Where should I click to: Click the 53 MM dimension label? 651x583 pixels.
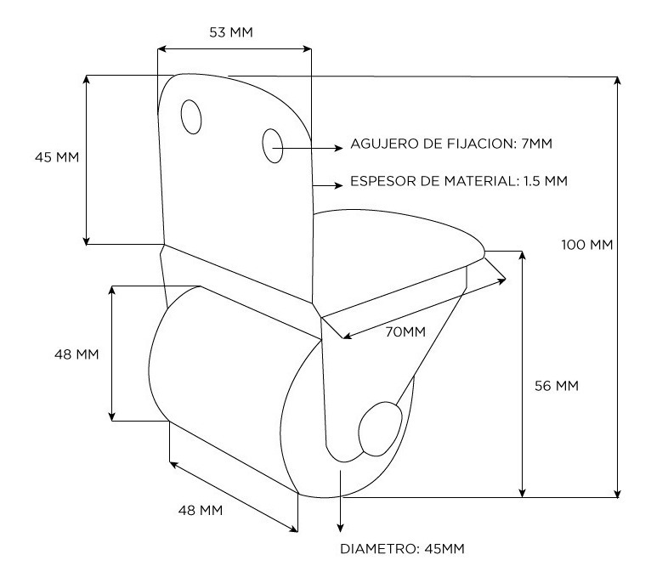pos(230,32)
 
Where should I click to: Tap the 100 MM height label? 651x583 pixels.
pos(587,245)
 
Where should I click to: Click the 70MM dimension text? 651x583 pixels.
pos(404,331)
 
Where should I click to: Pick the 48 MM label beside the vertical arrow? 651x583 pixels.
pos(76,354)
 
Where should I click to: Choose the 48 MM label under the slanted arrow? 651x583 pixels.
pos(201,510)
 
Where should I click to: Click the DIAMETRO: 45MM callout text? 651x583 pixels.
pos(402,548)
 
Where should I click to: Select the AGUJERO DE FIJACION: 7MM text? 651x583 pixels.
pos(451,144)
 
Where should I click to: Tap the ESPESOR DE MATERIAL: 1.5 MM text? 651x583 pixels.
pos(459,181)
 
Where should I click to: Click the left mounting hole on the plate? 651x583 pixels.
pos(191,116)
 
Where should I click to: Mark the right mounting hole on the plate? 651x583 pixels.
pos(273,145)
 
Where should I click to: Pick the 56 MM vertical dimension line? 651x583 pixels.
pos(523,374)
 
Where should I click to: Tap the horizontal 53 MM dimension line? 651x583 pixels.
pos(234,48)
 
